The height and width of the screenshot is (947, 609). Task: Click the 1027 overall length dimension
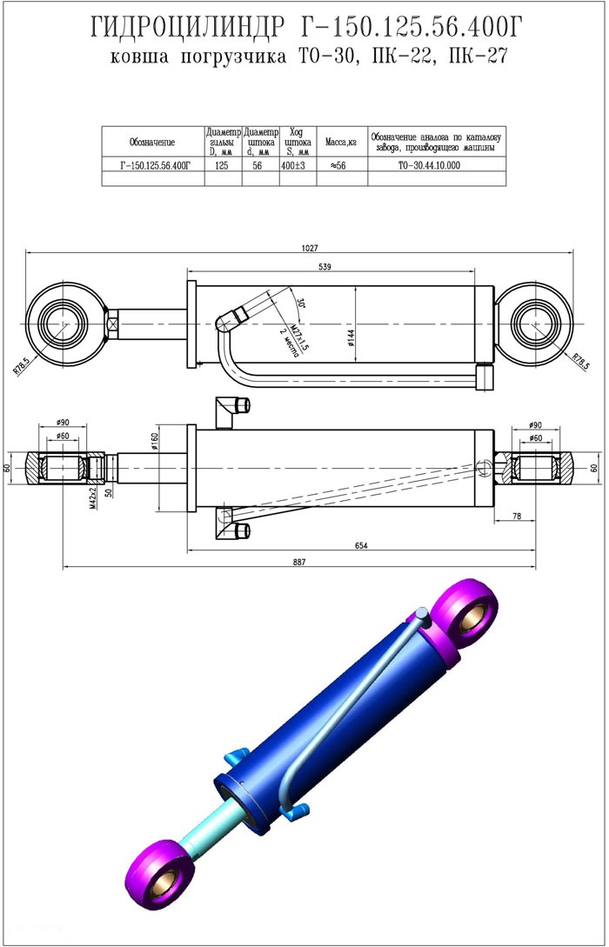coord(309,248)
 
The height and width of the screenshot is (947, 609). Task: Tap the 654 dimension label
coord(361,545)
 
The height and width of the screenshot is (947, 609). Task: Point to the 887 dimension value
coord(300,562)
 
